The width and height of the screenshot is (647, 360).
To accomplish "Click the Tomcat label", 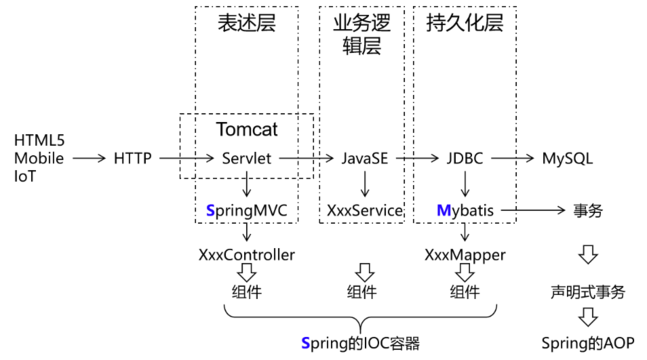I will tap(246, 130).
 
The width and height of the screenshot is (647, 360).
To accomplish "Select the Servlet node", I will tap(246, 158).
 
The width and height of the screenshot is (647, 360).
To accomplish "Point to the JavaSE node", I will tap(364, 158).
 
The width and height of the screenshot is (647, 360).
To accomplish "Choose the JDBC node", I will tap(463, 158).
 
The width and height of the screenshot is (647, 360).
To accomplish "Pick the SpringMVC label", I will tap(246, 212).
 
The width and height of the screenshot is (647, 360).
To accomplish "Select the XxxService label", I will tap(365, 212).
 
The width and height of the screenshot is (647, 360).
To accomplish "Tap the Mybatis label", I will tap(468, 212).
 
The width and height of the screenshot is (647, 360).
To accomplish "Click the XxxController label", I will tap(246, 255).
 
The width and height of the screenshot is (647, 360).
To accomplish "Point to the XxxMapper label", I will tap(465, 255).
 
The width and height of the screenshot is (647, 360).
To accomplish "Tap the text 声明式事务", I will tap(588, 292).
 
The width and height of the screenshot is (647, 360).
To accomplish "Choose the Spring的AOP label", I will tap(588, 343).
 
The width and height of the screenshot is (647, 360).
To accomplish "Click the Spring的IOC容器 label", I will tap(360, 343).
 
